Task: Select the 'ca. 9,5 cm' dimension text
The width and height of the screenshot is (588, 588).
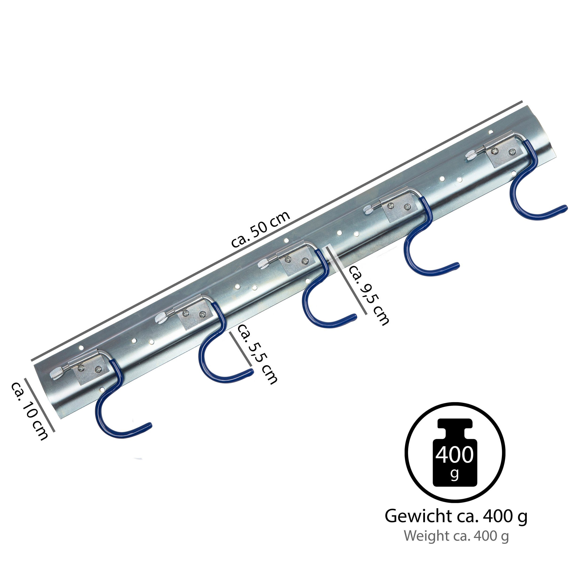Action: pyautogui.click(x=368, y=295)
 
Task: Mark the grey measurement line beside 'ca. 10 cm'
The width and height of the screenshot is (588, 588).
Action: pyautogui.click(x=40, y=405)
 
